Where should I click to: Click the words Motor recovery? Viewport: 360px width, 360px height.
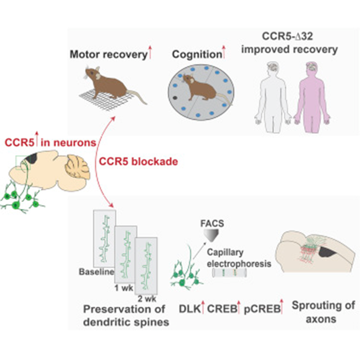click(108, 55)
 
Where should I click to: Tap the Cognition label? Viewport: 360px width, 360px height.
click(197, 55)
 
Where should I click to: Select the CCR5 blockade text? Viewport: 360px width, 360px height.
click(138, 162)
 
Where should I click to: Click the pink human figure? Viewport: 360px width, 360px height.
click(311, 97)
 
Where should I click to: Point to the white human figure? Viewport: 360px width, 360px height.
click(273, 97)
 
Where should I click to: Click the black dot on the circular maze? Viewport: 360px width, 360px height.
click(175, 98)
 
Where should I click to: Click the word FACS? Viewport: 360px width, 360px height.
click(212, 224)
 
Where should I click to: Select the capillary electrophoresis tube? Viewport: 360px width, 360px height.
click(229, 273)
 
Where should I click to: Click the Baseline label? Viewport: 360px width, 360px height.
click(97, 272)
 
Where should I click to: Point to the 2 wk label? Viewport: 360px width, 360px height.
click(147, 299)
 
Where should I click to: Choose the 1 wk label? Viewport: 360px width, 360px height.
click(124, 288)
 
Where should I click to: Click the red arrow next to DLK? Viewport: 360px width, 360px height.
click(203, 307)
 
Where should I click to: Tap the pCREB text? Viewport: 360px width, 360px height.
click(262, 309)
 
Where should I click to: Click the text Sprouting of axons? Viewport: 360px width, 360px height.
click(323, 312)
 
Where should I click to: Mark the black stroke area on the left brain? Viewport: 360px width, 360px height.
click(32, 159)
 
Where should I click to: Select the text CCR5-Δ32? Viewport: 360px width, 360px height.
click(288, 36)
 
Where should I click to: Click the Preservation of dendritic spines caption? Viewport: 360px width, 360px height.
click(126, 316)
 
